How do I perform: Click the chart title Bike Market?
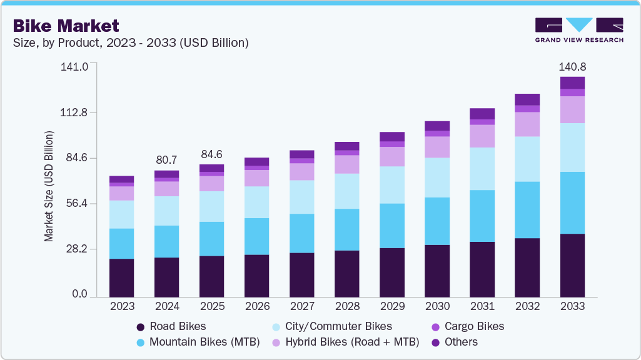pyautogui.click(x=66, y=26)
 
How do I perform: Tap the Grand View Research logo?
pyautogui.click(x=578, y=30)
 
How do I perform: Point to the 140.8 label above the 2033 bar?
pyautogui.click(x=572, y=67)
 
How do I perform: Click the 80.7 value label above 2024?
pyautogui.click(x=167, y=160)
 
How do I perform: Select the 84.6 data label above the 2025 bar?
pyautogui.click(x=212, y=154)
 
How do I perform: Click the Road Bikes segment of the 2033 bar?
pyautogui.click(x=572, y=265)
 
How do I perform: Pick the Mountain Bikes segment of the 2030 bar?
pyautogui.click(x=437, y=221)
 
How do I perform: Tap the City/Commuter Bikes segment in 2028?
pyautogui.click(x=347, y=191)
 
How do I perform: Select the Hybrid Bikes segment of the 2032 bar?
pyautogui.click(x=527, y=124)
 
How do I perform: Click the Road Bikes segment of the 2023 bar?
pyautogui.click(x=122, y=277)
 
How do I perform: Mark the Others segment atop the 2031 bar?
pyautogui.click(x=482, y=114)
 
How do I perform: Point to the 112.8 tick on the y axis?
pyautogui.click(x=74, y=113)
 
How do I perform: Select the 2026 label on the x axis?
pyautogui.click(x=257, y=306)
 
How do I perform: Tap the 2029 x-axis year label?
pyautogui.click(x=392, y=306)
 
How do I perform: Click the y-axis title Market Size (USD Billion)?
pyautogui.click(x=49, y=186)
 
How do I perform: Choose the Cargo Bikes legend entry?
pyautogui.click(x=470, y=326)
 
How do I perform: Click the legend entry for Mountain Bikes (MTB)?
pyautogui.click(x=197, y=342)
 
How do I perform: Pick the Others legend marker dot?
pyautogui.click(x=436, y=342)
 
